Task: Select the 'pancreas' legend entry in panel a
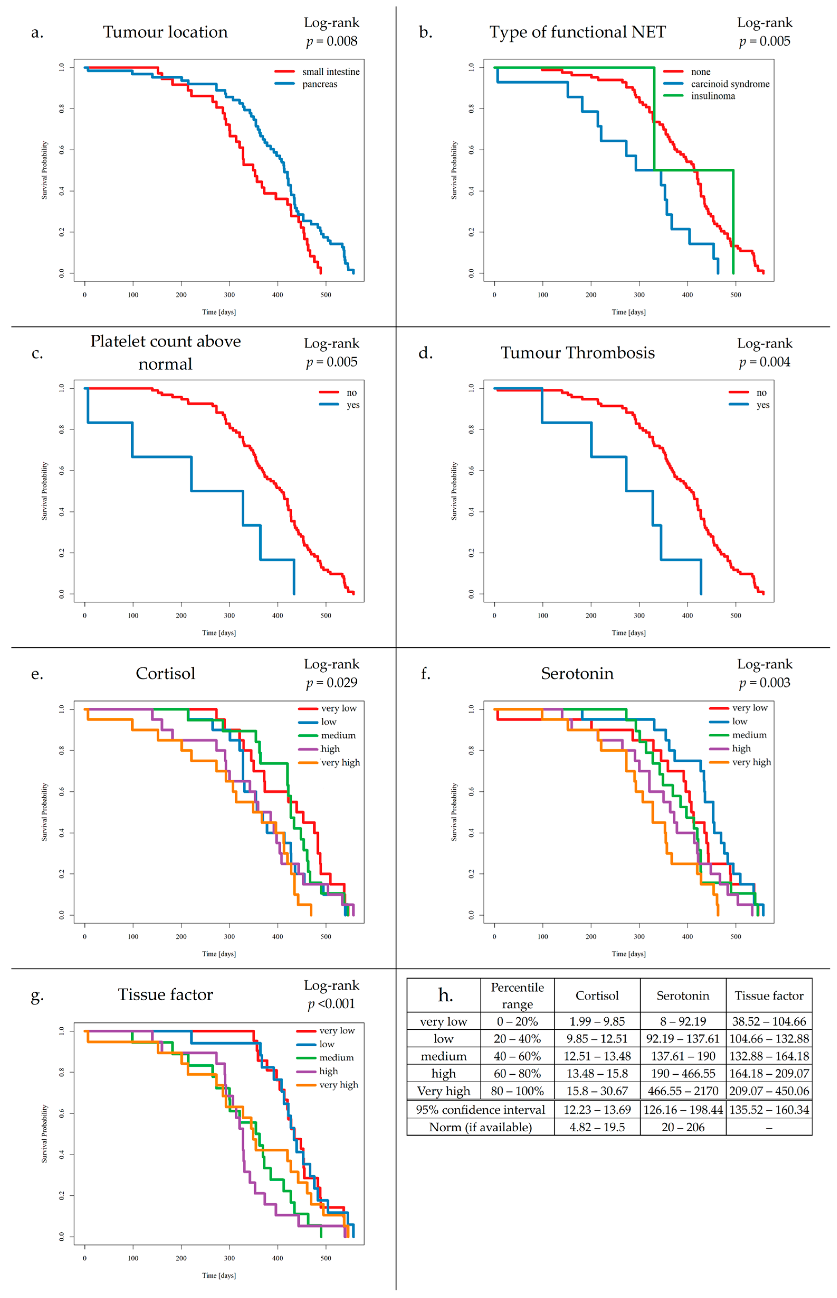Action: (x=320, y=84)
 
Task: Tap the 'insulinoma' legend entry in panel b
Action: (x=712, y=96)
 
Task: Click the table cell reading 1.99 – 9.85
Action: (x=597, y=1021)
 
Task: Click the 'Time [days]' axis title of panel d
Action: (x=628, y=633)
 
